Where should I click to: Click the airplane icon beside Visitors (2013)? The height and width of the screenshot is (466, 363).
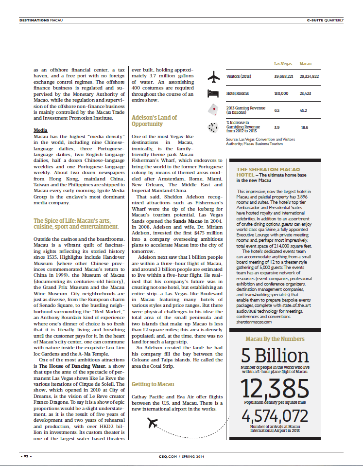pyautogui.click(x=214, y=77)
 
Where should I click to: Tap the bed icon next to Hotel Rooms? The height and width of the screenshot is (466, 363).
pyautogui.click(x=214, y=93)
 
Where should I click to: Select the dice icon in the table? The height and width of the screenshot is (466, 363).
pyautogui.click(x=213, y=127)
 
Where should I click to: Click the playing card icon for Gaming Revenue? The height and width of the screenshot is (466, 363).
pyautogui.click(x=213, y=109)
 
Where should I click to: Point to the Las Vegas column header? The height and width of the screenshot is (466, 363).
pyautogui.click(x=283, y=64)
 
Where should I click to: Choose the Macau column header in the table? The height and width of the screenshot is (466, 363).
pyautogui.click(x=306, y=64)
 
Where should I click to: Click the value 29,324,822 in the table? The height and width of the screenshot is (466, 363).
pyautogui.click(x=309, y=76)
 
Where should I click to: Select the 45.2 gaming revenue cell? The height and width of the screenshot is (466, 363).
pyautogui.click(x=303, y=110)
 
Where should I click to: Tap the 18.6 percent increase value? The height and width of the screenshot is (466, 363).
pyautogui.click(x=304, y=127)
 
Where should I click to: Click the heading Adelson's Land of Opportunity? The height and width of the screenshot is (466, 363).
pyautogui.click(x=154, y=121)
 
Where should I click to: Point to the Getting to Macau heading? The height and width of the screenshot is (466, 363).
pyautogui.click(x=153, y=384)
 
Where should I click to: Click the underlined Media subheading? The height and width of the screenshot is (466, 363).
pyautogui.click(x=40, y=130)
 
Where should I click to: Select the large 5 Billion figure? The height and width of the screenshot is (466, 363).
pyautogui.click(x=275, y=356)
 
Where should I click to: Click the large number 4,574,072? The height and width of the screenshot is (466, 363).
pyautogui.click(x=275, y=416)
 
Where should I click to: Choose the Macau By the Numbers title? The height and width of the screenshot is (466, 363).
pyautogui.click(x=275, y=339)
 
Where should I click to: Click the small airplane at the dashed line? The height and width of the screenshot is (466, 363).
pyautogui.click(x=153, y=424)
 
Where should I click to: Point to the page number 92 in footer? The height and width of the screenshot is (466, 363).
pyautogui.click(x=26, y=456)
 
